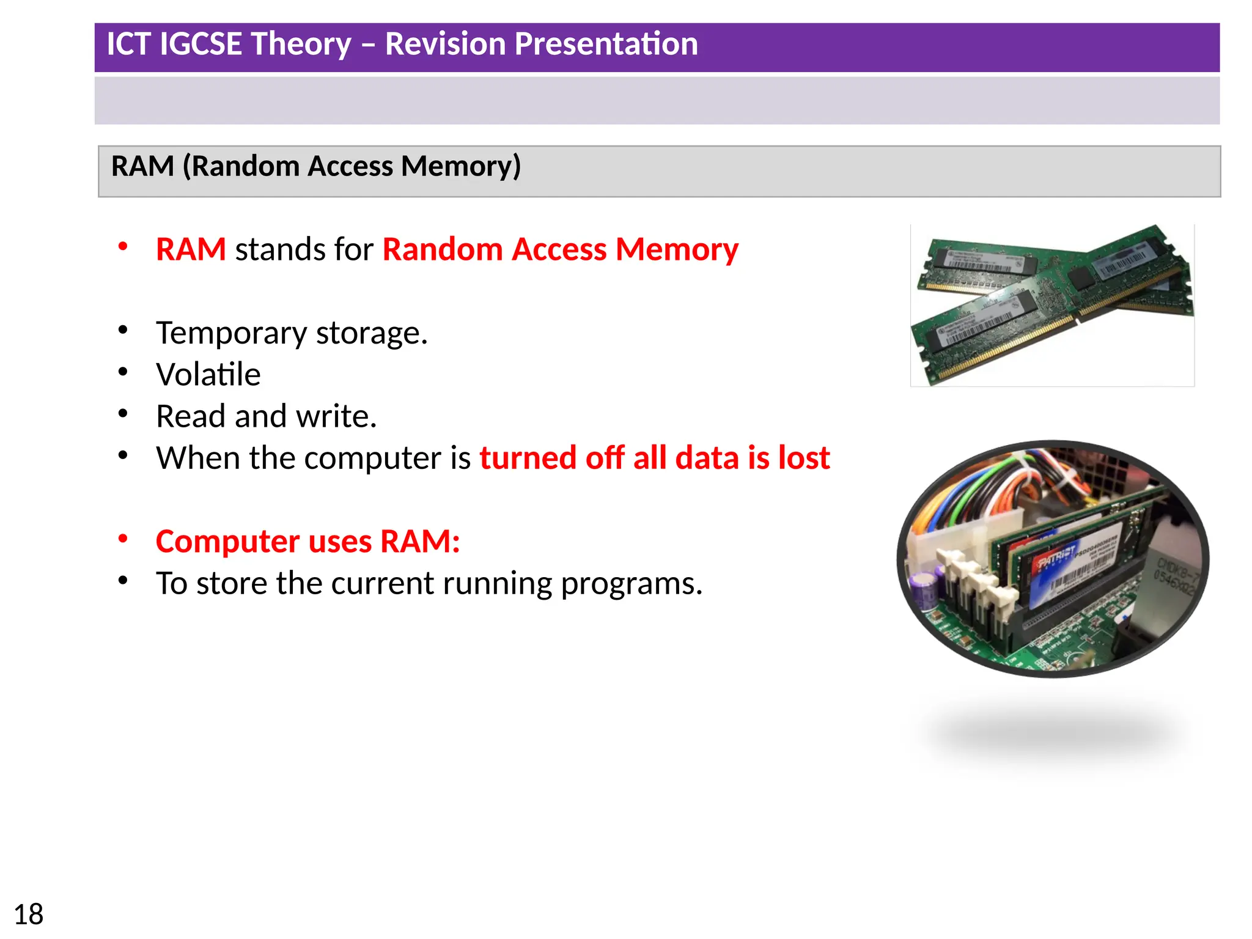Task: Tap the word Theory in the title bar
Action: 300,44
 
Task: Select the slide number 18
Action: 28,915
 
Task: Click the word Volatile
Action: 208,374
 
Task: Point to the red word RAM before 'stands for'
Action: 191,249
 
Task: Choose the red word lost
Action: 803,458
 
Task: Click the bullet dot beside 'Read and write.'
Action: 123,414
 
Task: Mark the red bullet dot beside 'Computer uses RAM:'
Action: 123,539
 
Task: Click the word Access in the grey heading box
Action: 350,166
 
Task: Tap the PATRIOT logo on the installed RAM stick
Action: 1056,557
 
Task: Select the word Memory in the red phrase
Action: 677,249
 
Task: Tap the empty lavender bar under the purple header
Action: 657,101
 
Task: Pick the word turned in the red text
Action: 527,458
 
